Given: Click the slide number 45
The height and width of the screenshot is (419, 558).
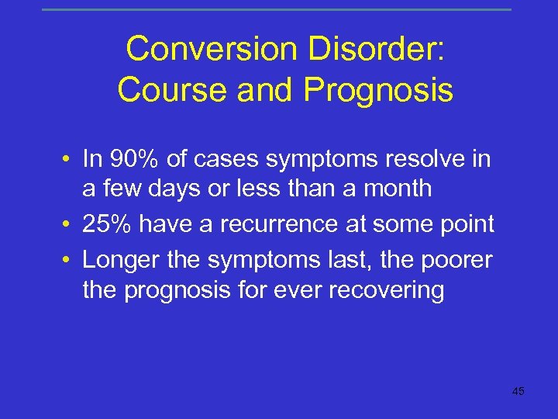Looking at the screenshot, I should point(518,391).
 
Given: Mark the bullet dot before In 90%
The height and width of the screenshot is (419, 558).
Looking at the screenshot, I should point(69,160).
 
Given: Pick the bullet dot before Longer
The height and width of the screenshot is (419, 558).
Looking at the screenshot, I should point(69,260).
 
